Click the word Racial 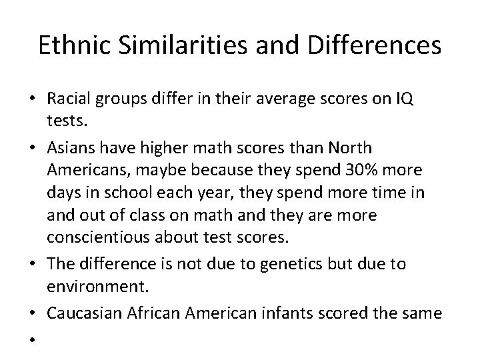(69, 99)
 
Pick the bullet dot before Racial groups (32, 100)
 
